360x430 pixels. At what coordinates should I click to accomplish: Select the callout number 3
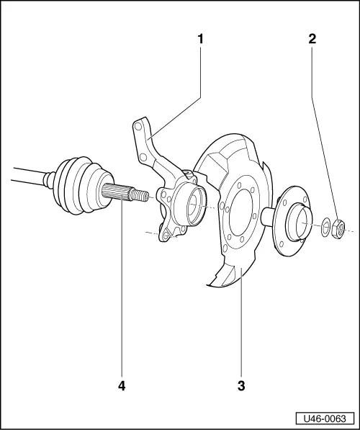click(x=240, y=385)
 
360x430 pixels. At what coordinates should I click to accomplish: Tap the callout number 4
click(x=122, y=385)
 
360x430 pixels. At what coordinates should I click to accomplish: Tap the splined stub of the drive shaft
click(x=122, y=194)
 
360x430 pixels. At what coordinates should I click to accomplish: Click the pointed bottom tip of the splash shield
click(x=207, y=285)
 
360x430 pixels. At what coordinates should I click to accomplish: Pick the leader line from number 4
click(x=122, y=288)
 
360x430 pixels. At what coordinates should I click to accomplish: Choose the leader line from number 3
click(x=240, y=324)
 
